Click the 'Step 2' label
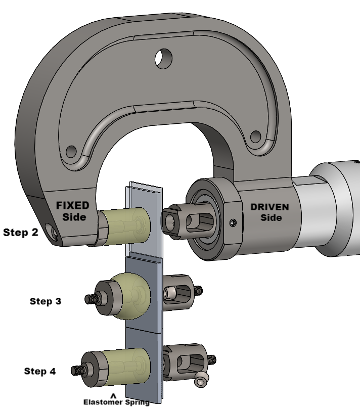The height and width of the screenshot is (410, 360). click(21, 232)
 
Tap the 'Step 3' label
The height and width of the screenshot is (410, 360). click(46, 301)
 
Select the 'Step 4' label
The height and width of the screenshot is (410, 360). click(40, 371)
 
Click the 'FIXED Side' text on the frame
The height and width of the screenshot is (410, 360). click(73, 211)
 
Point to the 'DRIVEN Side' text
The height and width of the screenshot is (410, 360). click(270, 212)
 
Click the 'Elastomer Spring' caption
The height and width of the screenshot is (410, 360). click(117, 402)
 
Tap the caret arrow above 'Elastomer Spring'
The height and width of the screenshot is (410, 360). click(113, 396)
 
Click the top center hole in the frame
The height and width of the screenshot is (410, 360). click(163, 59)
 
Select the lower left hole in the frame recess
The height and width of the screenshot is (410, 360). click(71, 152)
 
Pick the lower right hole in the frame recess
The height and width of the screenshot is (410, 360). click(256, 137)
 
